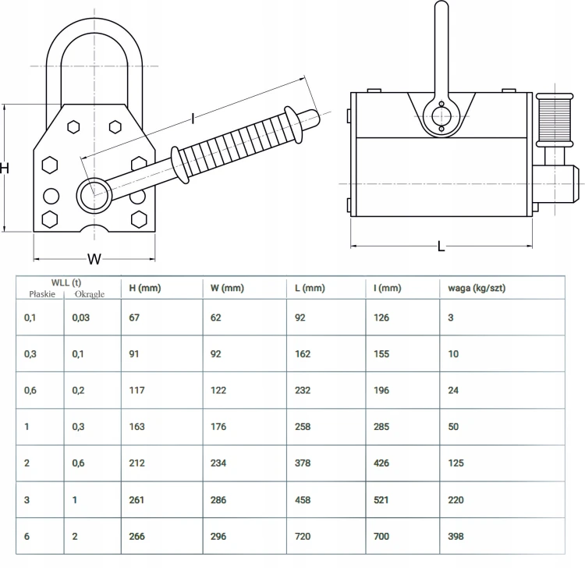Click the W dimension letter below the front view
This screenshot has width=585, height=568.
click(94, 258)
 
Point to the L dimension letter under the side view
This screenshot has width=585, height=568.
click(441, 247)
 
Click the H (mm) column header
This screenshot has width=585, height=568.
click(144, 288)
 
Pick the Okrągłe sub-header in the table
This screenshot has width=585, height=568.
click(89, 294)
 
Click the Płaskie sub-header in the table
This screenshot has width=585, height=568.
click(41, 294)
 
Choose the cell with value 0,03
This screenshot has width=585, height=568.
click(83, 318)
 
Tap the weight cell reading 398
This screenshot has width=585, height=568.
click(457, 536)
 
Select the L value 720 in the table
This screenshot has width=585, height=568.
click(304, 536)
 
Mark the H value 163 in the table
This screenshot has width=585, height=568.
click(137, 427)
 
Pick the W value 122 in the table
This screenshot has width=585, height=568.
click(221, 390)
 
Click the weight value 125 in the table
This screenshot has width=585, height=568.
click(457, 463)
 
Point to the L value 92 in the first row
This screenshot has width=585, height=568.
click(302, 318)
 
